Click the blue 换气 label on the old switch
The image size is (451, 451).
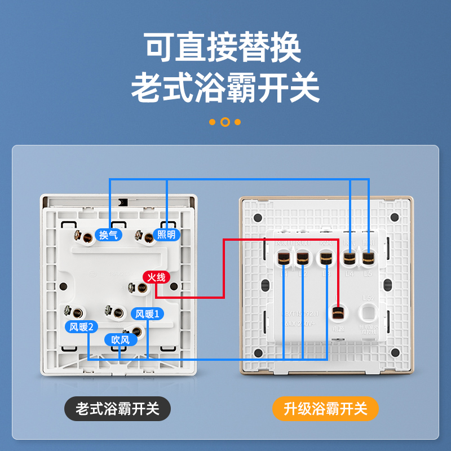(108, 235)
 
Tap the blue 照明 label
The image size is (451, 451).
(166, 235)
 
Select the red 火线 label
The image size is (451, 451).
(156, 277)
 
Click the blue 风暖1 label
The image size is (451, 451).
(148, 314)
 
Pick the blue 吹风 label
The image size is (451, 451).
(120, 340)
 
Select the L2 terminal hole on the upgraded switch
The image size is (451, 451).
(303, 259)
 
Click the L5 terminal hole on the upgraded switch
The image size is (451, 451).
(368, 259)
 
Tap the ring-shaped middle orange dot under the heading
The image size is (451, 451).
(225, 122)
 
